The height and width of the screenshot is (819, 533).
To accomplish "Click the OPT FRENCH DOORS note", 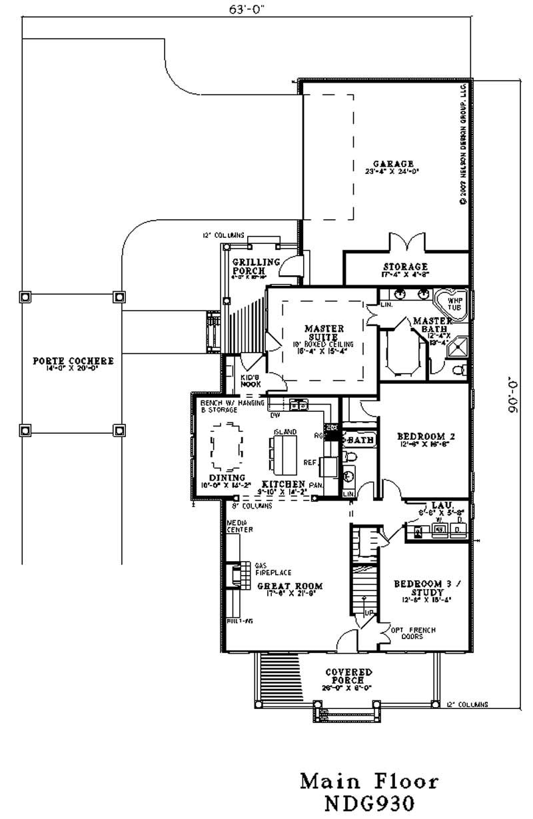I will (x=407, y=633).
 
